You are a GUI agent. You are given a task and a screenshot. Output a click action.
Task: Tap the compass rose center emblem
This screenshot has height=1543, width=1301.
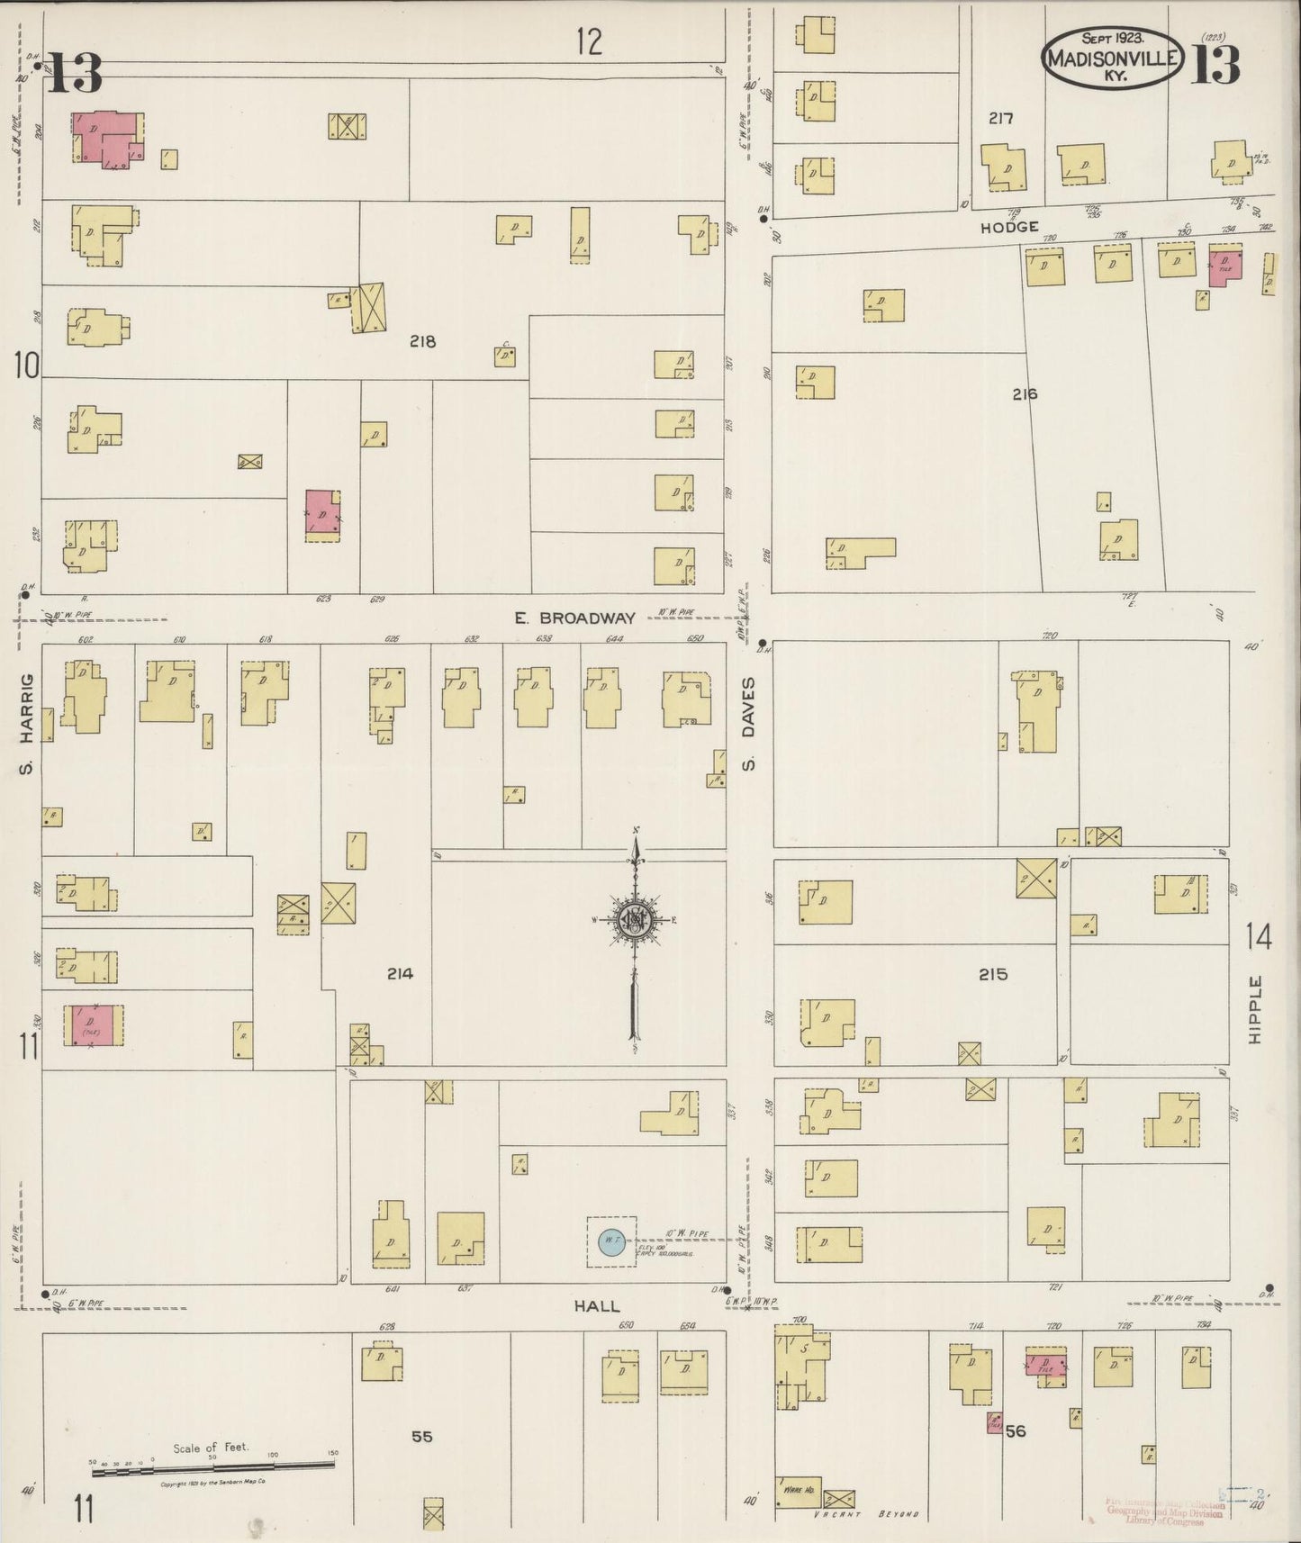(x=635, y=920)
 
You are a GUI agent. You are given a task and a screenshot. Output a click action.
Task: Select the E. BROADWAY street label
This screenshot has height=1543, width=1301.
(x=574, y=618)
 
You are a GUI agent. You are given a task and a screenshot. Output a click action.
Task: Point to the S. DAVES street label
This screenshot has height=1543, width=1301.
(x=747, y=725)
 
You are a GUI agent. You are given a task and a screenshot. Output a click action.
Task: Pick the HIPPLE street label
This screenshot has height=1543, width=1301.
(x=1257, y=1009)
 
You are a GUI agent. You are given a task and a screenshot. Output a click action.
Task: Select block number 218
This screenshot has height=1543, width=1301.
(x=422, y=341)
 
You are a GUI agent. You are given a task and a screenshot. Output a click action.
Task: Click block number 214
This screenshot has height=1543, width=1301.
(x=400, y=973)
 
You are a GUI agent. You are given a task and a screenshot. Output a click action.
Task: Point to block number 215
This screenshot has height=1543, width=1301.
(x=993, y=974)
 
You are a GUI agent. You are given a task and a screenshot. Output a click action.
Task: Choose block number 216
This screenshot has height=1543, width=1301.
(x=1025, y=393)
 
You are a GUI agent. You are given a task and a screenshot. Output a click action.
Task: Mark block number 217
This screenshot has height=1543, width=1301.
(x=1000, y=118)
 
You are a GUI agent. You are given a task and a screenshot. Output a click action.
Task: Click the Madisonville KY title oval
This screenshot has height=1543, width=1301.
(x=1112, y=57)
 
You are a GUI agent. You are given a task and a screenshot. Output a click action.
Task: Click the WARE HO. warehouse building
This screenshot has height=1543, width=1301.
(x=798, y=1491)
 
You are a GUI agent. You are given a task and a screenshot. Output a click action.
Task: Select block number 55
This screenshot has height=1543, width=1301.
(x=422, y=1436)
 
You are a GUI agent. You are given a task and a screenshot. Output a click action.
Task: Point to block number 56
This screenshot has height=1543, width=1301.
(x=1016, y=1430)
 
